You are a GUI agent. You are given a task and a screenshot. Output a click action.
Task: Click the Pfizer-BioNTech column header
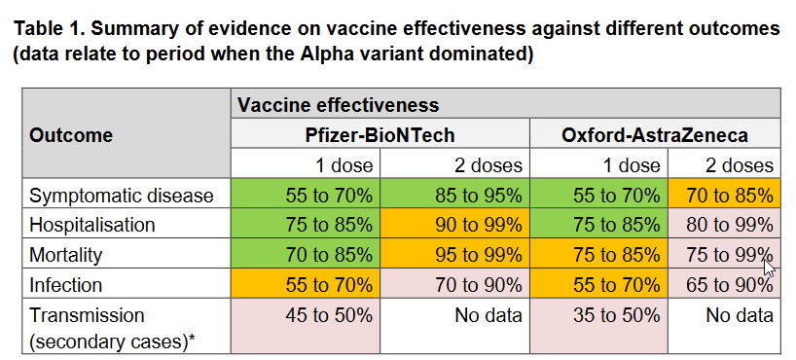[380, 135]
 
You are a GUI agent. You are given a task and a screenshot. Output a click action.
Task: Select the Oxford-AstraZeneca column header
[655, 135]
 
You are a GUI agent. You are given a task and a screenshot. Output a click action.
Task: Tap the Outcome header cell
[71, 135]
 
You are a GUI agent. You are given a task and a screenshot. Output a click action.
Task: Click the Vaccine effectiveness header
[338, 105]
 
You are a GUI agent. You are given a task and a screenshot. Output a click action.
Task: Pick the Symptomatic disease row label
[122, 195]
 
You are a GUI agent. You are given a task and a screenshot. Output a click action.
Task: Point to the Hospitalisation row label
[91, 225]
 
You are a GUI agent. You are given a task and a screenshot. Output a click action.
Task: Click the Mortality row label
[65, 254]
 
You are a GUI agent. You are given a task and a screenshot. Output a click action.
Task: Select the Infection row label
[65, 284]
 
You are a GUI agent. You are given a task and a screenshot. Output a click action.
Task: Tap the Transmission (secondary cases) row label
[112, 329]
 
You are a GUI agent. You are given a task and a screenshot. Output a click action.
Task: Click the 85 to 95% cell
[454, 193]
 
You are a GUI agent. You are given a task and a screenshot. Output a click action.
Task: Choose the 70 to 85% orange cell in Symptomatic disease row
[724, 193]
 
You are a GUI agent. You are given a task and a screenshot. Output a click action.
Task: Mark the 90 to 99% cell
[454, 223]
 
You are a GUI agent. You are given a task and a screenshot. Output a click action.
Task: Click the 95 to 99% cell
[454, 252]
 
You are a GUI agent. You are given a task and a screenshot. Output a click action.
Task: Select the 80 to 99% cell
[724, 223]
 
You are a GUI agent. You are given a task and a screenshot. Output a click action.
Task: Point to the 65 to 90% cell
[724, 282]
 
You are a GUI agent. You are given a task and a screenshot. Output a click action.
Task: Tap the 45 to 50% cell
[306, 326]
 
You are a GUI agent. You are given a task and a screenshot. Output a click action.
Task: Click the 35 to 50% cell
[599, 326]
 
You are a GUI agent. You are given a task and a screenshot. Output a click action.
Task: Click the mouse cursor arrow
[770, 266]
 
